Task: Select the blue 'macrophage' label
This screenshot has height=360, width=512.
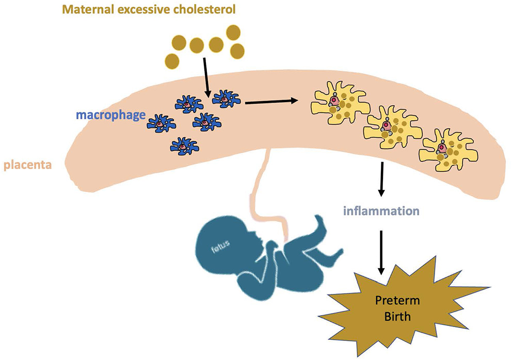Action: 110,116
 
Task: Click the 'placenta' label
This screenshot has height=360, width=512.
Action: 27,165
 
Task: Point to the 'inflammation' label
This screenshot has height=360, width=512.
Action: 381,211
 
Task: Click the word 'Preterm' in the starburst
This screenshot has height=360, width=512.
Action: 397,300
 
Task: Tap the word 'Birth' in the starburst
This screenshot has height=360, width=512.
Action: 397,316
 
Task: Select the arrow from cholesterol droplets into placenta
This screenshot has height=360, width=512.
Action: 206,78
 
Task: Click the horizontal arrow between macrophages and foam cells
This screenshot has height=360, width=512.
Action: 271,102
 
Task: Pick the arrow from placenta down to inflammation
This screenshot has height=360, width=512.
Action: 381,179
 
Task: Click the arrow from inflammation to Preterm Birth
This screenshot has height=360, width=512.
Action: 381,253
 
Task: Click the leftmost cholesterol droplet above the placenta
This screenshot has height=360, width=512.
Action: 172,61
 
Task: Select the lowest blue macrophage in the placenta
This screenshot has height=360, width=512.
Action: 184,146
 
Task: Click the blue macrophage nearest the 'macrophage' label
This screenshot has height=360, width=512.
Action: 162,123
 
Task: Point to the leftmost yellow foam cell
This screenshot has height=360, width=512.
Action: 340,103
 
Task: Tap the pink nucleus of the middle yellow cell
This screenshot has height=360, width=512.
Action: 387,125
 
